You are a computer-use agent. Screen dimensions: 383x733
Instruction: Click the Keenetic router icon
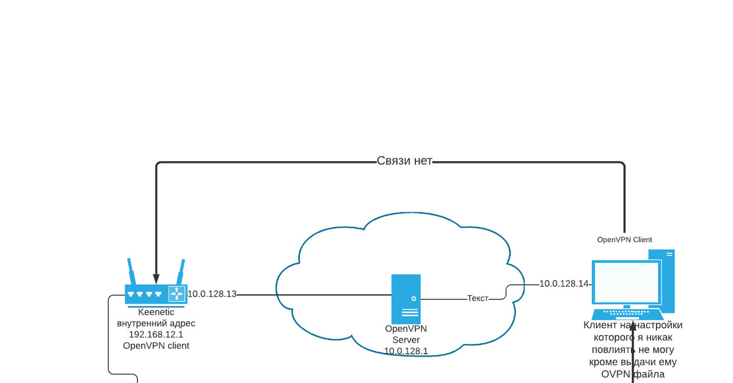click(156, 293)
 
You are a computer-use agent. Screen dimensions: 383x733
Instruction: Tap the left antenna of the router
click(131, 272)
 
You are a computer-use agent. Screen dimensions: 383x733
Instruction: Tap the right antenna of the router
click(180, 272)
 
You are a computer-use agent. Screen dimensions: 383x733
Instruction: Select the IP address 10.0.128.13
click(212, 294)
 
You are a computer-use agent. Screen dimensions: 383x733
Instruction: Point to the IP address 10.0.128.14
click(564, 284)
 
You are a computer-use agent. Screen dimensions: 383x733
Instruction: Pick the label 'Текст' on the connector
click(478, 299)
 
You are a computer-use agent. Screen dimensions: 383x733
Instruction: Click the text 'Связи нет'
click(404, 162)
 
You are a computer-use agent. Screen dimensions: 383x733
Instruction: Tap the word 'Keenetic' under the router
click(156, 312)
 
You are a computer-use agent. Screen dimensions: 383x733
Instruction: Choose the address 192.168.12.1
click(156, 334)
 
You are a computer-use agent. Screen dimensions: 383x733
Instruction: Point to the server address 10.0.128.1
click(406, 351)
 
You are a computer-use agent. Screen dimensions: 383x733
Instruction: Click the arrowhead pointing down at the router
click(156, 279)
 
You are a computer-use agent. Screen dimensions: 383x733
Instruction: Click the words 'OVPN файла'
click(632, 374)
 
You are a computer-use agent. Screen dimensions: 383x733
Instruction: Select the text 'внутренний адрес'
click(156, 323)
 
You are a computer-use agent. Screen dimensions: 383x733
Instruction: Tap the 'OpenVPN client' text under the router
click(156, 345)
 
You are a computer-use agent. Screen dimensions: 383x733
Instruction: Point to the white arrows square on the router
click(177, 293)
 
